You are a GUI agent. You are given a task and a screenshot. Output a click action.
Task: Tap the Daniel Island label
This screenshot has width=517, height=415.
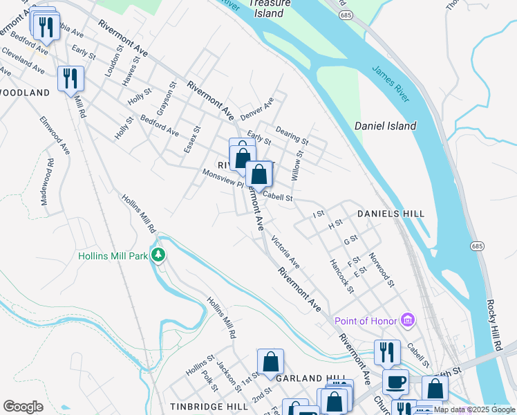tap(385, 126)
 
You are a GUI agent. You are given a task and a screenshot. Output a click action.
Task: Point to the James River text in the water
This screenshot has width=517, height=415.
tap(391, 84)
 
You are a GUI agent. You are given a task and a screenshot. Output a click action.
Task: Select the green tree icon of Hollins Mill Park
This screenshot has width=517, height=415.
tap(159, 256)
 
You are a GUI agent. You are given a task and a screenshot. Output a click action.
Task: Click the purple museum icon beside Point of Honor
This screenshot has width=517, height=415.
tap(408, 320)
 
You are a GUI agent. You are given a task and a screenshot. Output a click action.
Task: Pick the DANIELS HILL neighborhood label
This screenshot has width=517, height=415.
tap(391, 214)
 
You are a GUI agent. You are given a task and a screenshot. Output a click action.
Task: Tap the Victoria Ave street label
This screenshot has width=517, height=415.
tap(285, 252)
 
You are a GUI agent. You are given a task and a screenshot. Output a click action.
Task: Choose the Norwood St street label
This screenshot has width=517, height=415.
tap(382, 270)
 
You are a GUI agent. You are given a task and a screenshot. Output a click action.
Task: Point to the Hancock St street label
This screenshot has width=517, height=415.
tap(341, 276)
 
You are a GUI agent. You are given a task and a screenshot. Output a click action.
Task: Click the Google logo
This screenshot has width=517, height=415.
tap(23, 407)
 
